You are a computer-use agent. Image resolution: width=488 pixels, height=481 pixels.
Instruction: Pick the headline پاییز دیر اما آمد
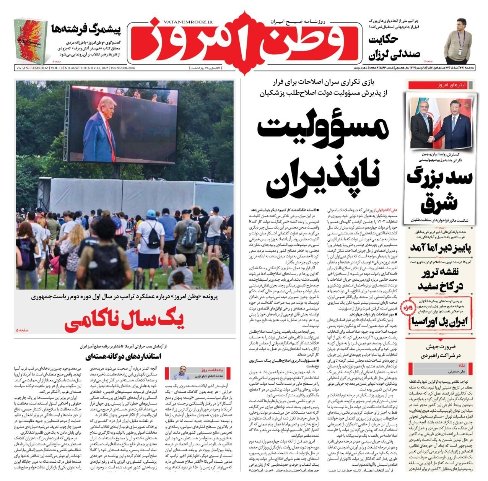click(x=441, y=248)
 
